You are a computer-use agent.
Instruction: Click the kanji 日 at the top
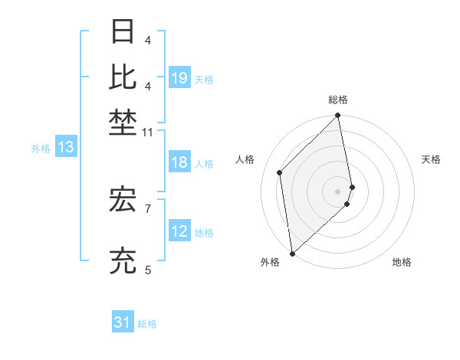tap(124, 33)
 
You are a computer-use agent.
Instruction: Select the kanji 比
tap(124, 77)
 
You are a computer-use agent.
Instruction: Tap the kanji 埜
tap(124, 121)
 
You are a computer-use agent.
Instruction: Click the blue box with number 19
tap(179, 77)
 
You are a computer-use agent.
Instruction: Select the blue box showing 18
tap(179, 162)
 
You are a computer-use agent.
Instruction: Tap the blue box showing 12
tap(179, 231)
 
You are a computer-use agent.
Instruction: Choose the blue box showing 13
tap(65, 148)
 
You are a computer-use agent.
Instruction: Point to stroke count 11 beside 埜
tap(148, 133)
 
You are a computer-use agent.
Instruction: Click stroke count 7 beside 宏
tap(148, 208)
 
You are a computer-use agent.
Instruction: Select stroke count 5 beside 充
tap(148, 270)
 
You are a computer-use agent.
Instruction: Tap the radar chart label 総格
tap(338, 100)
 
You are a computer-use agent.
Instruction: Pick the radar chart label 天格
tap(432, 159)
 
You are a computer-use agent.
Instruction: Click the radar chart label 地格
tap(402, 262)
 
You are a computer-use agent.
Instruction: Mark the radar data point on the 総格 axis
tap(338, 116)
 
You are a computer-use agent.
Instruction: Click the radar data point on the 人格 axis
tap(280, 172)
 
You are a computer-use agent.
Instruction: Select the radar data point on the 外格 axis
tap(292, 253)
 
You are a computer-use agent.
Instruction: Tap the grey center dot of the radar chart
tap(338, 191)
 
